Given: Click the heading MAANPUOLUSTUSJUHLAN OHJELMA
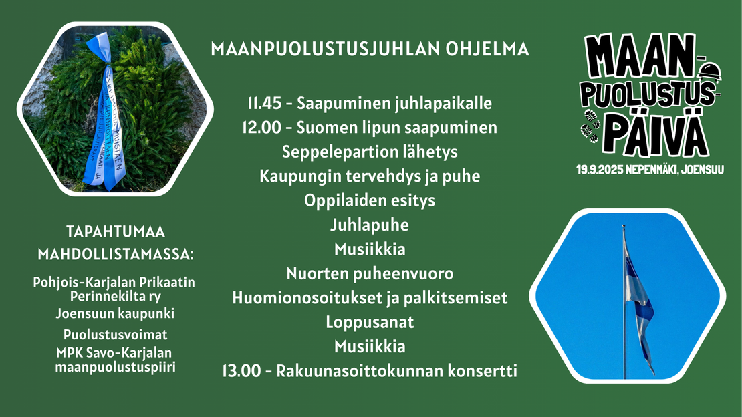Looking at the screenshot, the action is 370,49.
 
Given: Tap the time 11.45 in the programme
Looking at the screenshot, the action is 265,103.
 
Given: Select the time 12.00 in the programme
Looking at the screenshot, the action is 261,128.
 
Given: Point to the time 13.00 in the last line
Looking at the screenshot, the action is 241,371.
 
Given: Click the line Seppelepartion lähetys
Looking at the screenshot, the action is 370,152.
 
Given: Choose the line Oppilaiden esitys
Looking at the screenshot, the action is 370,200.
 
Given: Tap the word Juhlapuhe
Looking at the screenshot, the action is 370,225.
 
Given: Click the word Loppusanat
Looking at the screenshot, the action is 370,322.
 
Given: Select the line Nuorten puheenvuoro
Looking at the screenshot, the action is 370,273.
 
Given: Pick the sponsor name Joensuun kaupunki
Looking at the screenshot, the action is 115,313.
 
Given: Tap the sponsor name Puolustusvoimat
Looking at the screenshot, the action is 115,335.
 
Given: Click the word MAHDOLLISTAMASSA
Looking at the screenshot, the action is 115,254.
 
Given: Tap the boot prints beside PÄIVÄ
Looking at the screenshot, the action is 590,126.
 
